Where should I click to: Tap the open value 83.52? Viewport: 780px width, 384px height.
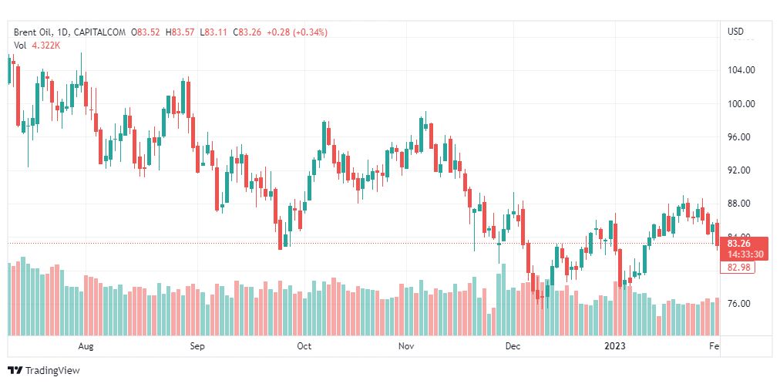(148, 32)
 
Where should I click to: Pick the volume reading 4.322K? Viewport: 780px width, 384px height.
(47, 45)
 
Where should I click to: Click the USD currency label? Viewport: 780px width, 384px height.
(736, 32)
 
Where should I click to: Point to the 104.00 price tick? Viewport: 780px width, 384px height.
(741, 70)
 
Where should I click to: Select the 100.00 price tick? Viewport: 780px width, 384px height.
(741, 104)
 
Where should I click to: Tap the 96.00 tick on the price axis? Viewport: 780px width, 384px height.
(741, 137)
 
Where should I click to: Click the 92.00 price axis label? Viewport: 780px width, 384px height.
(741, 170)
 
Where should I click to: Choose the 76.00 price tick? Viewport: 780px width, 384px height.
(741, 304)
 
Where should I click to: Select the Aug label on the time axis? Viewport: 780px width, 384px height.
(86, 346)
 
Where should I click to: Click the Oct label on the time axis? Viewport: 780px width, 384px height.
(304, 346)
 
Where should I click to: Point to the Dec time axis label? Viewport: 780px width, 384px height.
(513, 346)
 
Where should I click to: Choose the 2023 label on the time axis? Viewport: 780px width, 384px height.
(615, 346)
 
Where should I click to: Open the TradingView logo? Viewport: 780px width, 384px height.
(44, 370)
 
